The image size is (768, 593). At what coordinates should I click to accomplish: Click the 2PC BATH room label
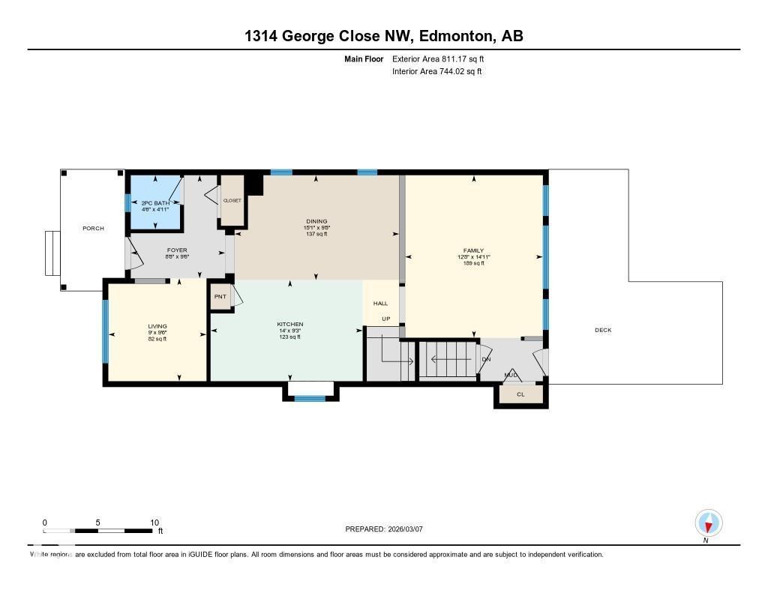(x=155, y=203)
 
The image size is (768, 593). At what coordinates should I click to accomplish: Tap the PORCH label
(x=93, y=229)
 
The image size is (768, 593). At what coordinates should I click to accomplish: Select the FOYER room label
(x=177, y=250)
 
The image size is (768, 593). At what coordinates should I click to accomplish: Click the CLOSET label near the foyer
(x=232, y=201)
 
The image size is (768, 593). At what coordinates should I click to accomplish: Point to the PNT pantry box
(x=220, y=296)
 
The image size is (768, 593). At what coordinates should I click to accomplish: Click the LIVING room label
(x=157, y=326)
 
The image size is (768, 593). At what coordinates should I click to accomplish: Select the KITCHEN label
(x=289, y=325)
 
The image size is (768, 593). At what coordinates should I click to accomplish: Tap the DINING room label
(x=316, y=221)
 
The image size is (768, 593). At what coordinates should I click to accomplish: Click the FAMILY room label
(x=473, y=250)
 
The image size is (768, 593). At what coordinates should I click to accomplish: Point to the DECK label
(x=603, y=330)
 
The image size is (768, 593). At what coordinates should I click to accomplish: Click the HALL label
(x=381, y=304)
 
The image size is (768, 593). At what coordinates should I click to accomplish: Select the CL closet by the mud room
(x=520, y=394)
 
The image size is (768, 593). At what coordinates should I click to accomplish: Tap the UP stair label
(x=386, y=319)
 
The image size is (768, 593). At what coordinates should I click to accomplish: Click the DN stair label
(x=486, y=359)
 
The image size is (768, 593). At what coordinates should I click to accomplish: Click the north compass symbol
(x=708, y=523)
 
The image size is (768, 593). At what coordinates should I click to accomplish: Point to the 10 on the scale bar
(x=154, y=523)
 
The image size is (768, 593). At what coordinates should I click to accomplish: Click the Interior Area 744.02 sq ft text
(x=437, y=72)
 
